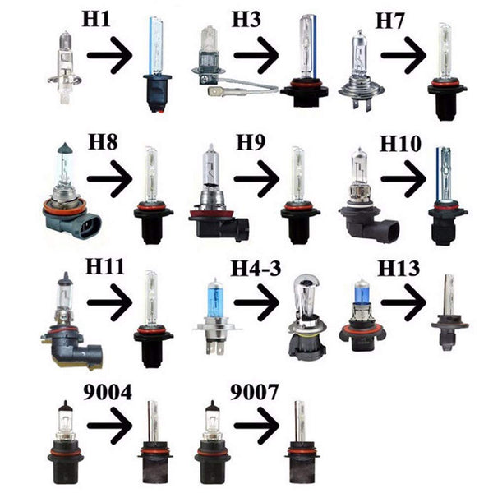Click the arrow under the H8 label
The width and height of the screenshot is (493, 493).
pyautogui.click(x=109, y=176)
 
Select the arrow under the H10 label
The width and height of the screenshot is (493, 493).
pyautogui.click(x=403, y=179)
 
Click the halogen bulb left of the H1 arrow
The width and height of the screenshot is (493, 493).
pyautogui.click(x=64, y=62)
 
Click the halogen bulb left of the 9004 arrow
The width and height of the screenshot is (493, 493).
pyautogui.click(x=65, y=444)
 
